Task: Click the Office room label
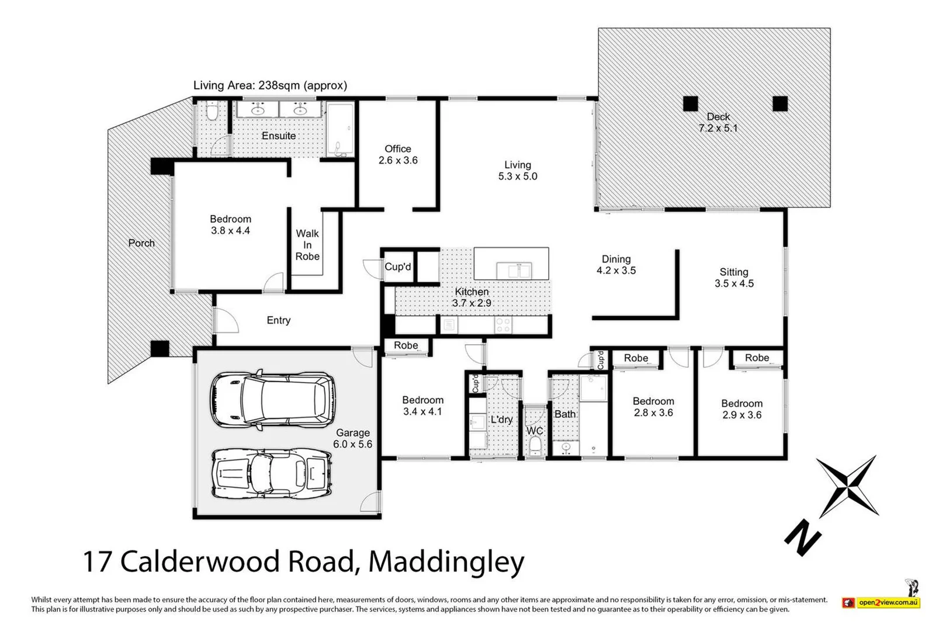coord(398,149)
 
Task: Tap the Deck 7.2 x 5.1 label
coord(718,123)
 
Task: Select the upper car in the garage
coord(272,400)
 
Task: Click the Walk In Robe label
coord(307,245)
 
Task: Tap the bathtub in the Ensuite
coord(340,130)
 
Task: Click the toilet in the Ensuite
coord(213,111)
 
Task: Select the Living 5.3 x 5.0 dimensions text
coord(518,176)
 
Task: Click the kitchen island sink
coord(514,271)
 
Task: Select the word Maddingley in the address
coord(446,561)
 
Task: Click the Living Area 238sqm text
coord(270,85)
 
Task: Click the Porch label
coord(141,243)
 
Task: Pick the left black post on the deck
coord(691,103)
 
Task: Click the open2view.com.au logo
coord(887,602)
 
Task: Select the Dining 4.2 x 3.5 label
coord(616,265)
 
